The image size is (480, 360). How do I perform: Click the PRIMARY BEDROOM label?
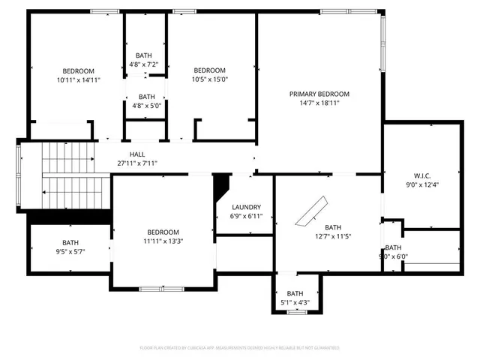point(319,94)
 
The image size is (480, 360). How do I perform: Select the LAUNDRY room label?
point(246,207)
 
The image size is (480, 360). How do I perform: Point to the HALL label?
point(137,154)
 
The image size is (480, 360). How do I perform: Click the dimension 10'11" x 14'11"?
point(78,79)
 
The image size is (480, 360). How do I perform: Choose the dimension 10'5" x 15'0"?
point(209,79)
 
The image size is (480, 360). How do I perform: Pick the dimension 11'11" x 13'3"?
point(163,241)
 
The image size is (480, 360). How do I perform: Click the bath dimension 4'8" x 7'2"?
point(146,64)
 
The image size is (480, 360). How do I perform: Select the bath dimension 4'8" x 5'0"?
point(146,106)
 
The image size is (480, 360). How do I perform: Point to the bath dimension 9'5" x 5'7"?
point(70,252)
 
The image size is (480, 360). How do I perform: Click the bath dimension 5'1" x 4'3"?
point(295,303)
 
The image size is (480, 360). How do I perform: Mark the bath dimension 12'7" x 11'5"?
point(332,236)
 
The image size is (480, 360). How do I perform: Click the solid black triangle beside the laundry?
point(221,184)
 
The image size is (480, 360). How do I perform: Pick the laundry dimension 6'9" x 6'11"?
point(246,216)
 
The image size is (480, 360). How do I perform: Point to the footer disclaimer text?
point(239,348)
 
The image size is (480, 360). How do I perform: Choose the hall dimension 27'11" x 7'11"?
point(137,163)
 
